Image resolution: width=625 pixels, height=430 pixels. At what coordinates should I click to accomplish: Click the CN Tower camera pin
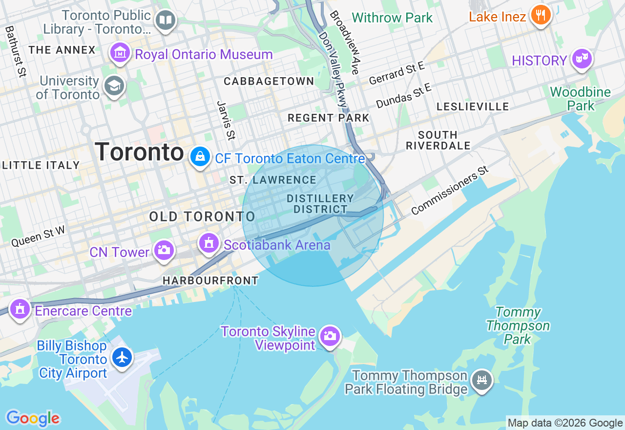pyautogui.click(x=164, y=250)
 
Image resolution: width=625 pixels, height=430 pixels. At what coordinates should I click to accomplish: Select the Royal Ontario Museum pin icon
pyautogui.click(x=120, y=52)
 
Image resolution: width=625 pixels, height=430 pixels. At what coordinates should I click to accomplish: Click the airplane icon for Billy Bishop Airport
pyautogui.click(x=122, y=357)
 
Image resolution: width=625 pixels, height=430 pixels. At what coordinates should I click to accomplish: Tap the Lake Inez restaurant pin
pyautogui.click(x=540, y=15)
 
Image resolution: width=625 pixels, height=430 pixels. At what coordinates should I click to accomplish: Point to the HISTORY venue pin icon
pyautogui.click(x=581, y=59)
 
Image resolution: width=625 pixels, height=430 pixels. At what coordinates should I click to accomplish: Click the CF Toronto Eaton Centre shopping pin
pyautogui.click(x=200, y=157)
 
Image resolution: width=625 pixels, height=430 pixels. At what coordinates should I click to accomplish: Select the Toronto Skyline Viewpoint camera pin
pyautogui.click(x=330, y=336)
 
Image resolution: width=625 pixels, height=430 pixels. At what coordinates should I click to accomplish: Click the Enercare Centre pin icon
pyautogui.click(x=20, y=309)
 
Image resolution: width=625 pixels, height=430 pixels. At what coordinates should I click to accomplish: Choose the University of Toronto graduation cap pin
pyautogui.click(x=114, y=86)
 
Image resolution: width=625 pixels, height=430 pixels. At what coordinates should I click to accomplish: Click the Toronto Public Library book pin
pyautogui.click(x=166, y=21)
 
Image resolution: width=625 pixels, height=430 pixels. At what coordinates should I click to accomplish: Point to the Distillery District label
pyautogui.click(x=320, y=204)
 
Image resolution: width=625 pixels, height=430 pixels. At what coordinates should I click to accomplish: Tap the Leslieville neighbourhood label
pyautogui.click(x=473, y=107)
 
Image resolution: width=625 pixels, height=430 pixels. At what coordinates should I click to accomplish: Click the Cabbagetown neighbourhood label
pyautogui.click(x=269, y=81)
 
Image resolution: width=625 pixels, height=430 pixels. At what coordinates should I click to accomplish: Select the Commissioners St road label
pyautogui.click(x=450, y=191)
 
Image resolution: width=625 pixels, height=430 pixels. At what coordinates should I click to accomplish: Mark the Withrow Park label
pyautogui.click(x=392, y=18)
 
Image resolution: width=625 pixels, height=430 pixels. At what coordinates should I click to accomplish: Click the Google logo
pyautogui.click(x=33, y=419)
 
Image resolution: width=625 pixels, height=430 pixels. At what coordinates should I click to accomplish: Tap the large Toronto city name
pyautogui.click(x=139, y=152)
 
